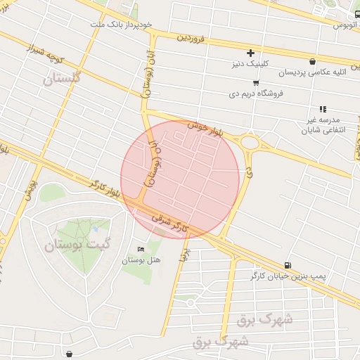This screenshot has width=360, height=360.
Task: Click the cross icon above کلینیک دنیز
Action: click(x=250, y=53)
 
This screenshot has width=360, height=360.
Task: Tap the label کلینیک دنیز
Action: click(x=251, y=65)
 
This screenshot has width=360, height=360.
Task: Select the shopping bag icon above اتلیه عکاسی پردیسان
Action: click(x=312, y=61)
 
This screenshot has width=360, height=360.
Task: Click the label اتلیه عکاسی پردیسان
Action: click(x=312, y=72)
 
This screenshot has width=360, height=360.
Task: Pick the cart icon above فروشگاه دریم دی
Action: click(x=256, y=82)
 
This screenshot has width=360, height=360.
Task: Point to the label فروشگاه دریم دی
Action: click(x=255, y=94)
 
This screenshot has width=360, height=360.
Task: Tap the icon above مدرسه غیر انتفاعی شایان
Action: click(x=323, y=109)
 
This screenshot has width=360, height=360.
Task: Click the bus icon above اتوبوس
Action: click(x=358, y=14)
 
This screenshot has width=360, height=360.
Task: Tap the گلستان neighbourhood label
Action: click(x=62, y=79)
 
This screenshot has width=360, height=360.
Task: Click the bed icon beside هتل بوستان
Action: click(x=141, y=249)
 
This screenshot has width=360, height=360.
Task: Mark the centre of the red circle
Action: click(x=180, y=179)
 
